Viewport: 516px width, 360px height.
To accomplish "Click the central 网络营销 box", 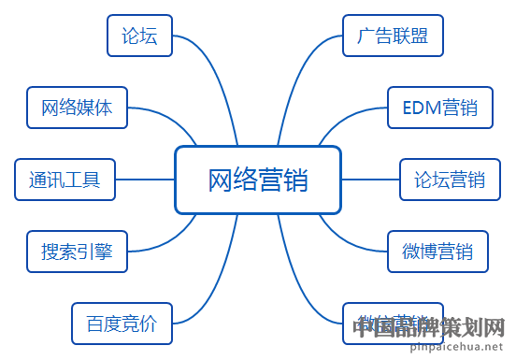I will (x=257, y=179).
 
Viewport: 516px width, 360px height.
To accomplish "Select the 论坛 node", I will (x=139, y=36).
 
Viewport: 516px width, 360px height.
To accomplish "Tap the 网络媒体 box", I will (x=77, y=107).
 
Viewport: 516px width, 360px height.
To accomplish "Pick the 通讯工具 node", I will (x=64, y=179).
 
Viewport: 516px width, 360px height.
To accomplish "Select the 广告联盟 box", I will (x=393, y=36).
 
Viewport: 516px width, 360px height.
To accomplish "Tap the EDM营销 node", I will (x=439, y=108).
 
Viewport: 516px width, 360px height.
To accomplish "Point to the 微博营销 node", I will (x=437, y=251).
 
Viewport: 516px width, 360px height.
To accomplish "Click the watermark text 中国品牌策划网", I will (x=431, y=328).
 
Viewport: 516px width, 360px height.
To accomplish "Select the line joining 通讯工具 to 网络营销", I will (x=144, y=179).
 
